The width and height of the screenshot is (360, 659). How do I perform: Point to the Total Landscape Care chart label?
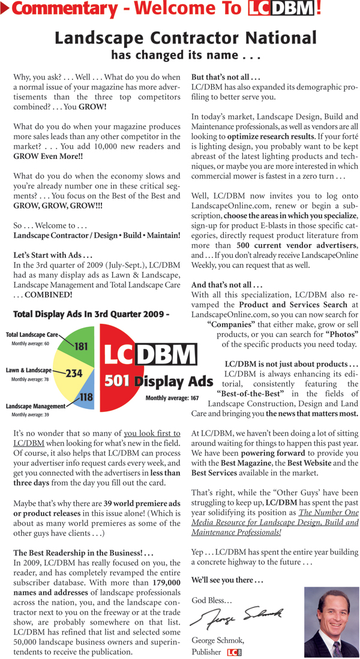32,335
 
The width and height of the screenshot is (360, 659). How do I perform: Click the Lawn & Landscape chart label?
29,371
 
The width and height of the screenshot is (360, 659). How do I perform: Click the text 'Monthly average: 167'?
172,398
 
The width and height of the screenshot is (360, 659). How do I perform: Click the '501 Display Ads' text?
159,381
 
